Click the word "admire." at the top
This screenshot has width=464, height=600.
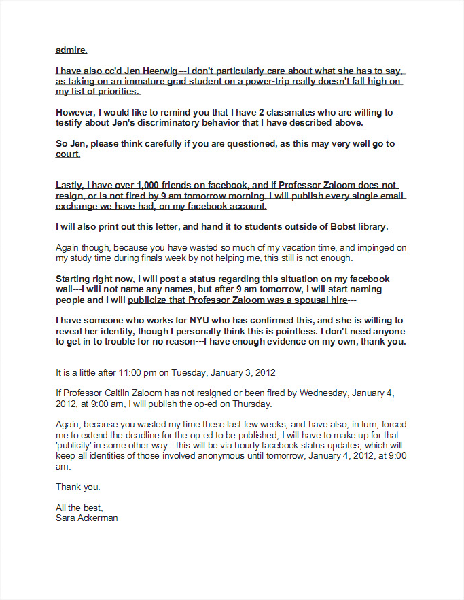[x=71, y=50]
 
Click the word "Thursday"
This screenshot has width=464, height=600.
[x=252, y=404]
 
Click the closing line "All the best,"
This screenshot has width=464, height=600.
[x=78, y=508]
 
